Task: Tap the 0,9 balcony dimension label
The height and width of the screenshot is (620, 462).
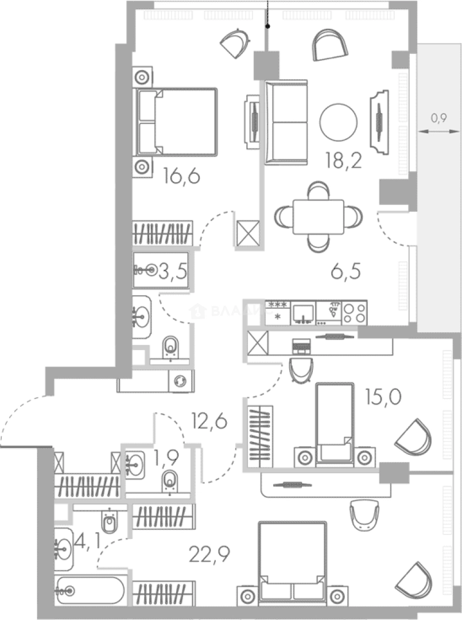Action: (x=439, y=119)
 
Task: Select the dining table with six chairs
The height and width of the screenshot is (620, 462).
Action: (x=318, y=217)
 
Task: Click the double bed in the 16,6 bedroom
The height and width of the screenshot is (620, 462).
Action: (x=175, y=121)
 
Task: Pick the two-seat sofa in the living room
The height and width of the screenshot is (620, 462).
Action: (x=286, y=122)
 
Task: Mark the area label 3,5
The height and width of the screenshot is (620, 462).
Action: (x=172, y=271)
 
